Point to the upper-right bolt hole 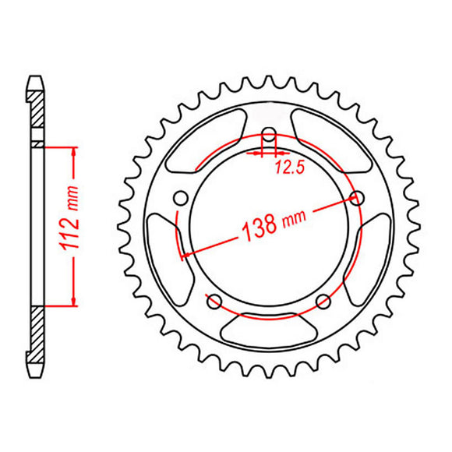[x=358, y=196]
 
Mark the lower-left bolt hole [x=215, y=299]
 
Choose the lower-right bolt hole [x=323, y=299]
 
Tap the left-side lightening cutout [x=165, y=249]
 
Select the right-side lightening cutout [x=373, y=249]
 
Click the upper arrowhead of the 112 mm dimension [x=74, y=150]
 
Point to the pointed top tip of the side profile [x=36, y=77]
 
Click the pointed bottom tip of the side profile [x=36, y=373]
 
